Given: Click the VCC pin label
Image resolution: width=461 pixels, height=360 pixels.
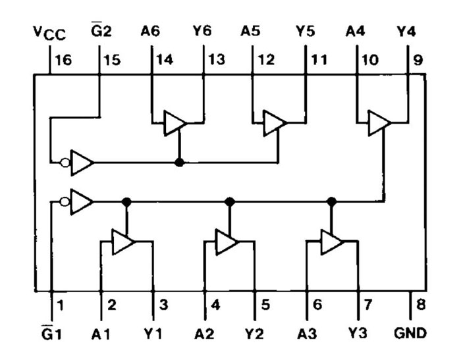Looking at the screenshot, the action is pos(49,33).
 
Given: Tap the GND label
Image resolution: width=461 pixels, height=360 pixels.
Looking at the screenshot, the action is pos(410,333).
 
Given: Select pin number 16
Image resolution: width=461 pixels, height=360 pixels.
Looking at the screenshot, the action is pos(63,60).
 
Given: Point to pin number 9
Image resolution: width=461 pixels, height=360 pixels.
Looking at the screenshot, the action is pos(418,60).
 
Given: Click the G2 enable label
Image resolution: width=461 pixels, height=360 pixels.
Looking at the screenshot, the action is pos(101,30).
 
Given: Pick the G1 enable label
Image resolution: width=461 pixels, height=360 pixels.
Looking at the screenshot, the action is pos(51,333).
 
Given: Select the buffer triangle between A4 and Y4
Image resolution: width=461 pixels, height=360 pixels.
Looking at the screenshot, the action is pos(379,123).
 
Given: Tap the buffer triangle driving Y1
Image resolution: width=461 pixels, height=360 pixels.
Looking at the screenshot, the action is pos(124,242).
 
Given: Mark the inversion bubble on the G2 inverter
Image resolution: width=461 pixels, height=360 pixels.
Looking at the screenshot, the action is pos(65,163).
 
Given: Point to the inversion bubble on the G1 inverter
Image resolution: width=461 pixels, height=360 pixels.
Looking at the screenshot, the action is pos(65,201).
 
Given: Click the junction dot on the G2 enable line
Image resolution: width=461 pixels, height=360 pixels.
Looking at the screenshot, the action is pos(179,162).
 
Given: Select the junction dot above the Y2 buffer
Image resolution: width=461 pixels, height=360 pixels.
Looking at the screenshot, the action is pos(230,201).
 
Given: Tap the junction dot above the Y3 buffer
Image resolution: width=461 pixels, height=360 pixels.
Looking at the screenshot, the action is pos(332,201).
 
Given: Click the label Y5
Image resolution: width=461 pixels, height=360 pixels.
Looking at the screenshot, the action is pos(305,31).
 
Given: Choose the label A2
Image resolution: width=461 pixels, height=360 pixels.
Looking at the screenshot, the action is pos(204,334).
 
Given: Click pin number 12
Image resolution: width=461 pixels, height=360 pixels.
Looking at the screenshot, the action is pos(266,60).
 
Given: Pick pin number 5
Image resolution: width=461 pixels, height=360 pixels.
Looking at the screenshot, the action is pos(265,305).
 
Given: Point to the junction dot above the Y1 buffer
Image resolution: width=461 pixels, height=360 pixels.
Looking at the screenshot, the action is pos(126,201).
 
